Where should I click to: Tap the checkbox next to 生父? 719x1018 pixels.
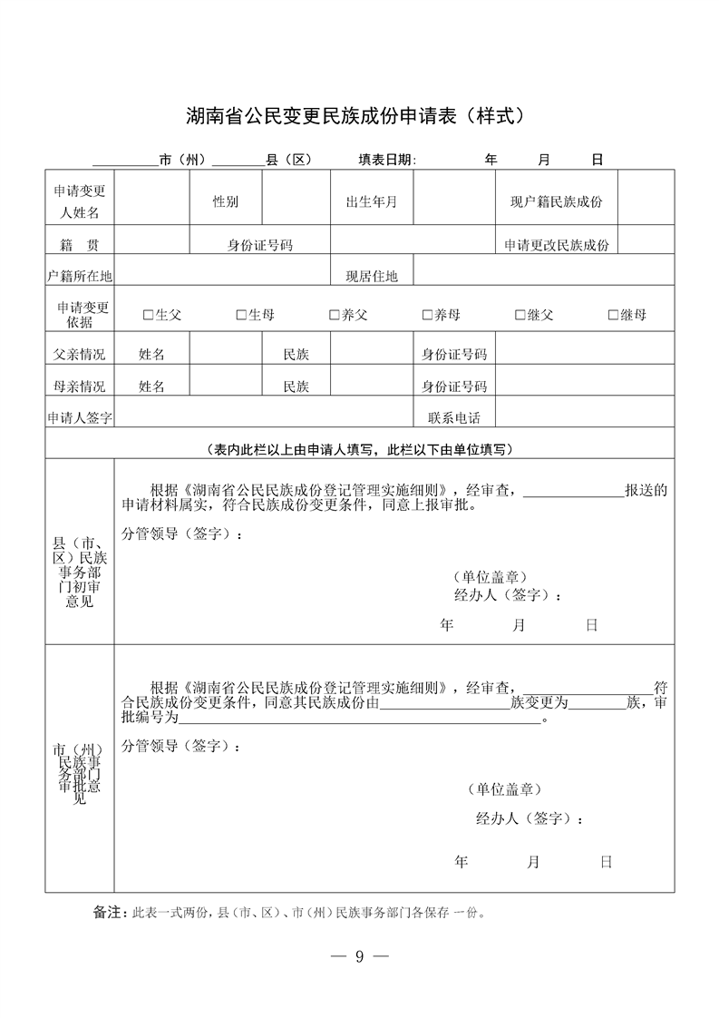149,315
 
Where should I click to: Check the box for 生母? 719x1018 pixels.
241,315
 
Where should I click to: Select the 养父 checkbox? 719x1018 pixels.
335,315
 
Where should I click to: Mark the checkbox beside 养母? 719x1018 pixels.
427,315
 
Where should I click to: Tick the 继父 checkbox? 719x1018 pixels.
520,315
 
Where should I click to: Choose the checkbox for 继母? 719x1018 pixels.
614,315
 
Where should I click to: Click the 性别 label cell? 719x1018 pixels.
226,201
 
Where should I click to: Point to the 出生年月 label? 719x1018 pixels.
372,201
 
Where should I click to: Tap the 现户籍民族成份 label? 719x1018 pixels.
556,201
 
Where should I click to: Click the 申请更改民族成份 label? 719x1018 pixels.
557,245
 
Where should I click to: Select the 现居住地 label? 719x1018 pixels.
372,276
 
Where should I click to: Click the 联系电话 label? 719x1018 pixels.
454,418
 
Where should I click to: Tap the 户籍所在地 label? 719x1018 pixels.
80,276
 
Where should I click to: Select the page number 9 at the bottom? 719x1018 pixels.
359,956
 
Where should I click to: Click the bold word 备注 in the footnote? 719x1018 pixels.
107,912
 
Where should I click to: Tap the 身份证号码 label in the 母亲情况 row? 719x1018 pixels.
454,387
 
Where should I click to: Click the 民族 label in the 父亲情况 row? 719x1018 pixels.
296,354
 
